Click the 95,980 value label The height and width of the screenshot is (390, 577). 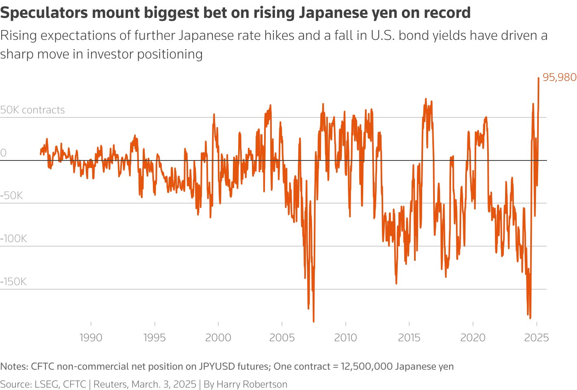[559, 77]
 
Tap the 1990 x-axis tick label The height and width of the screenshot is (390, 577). [91, 338]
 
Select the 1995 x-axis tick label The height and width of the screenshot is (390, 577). [154, 338]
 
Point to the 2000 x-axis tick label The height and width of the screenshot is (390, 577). [218, 338]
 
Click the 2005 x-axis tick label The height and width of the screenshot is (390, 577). [282, 338]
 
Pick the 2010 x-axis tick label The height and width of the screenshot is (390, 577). [345, 338]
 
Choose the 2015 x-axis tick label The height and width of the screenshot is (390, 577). [409, 338]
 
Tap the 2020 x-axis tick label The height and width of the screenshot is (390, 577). [473, 338]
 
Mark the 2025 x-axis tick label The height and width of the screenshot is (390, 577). [536, 338]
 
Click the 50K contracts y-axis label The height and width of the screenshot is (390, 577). [33, 110]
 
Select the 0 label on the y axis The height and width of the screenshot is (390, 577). [3, 153]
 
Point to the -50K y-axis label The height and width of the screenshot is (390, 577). [12, 196]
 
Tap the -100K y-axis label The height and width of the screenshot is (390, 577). [13, 239]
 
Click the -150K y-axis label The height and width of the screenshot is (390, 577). [13, 282]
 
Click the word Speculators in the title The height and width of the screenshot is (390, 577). [44, 13]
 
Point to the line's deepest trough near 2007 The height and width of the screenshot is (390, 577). [313, 321]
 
